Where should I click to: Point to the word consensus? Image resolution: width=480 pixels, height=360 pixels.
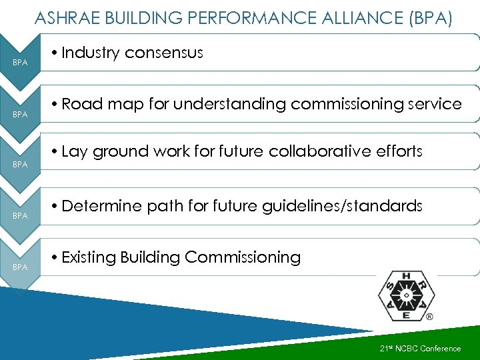click(x=165, y=53)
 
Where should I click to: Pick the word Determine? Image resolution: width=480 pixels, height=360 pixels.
click(x=102, y=206)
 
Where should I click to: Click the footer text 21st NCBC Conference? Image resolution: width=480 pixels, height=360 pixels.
click(x=420, y=349)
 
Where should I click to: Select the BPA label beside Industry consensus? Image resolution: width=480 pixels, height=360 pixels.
click(x=20, y=63)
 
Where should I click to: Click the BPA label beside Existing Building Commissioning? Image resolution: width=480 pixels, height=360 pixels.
click(x=20, y=267)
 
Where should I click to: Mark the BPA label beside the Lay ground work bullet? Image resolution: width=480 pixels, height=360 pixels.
click(x=20, y=165)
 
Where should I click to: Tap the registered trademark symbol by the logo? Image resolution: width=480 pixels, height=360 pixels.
click(x=429, y=317)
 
